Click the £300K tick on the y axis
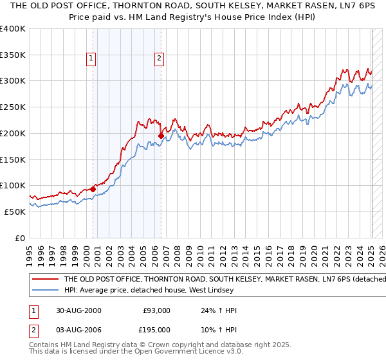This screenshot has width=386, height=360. point(13,81)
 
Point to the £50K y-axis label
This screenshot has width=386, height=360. point(15,212)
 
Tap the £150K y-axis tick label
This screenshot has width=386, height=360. point(13,159)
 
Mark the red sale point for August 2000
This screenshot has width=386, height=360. point(93,189)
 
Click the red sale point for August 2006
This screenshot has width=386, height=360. point(161,136)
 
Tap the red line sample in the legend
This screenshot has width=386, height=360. point(45,279)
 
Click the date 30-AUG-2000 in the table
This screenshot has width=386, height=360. point(78,310)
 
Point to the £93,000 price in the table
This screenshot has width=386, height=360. point(156,310)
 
